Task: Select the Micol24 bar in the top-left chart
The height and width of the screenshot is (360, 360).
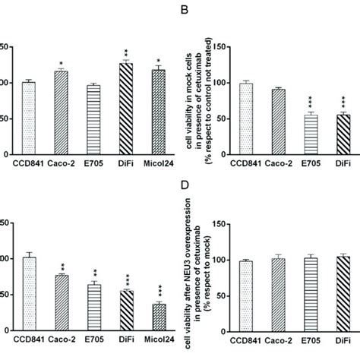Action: coord(159,111)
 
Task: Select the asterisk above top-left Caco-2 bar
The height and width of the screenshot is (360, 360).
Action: coord(60,63)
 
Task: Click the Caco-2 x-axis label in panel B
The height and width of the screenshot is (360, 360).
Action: coord(276,162)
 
